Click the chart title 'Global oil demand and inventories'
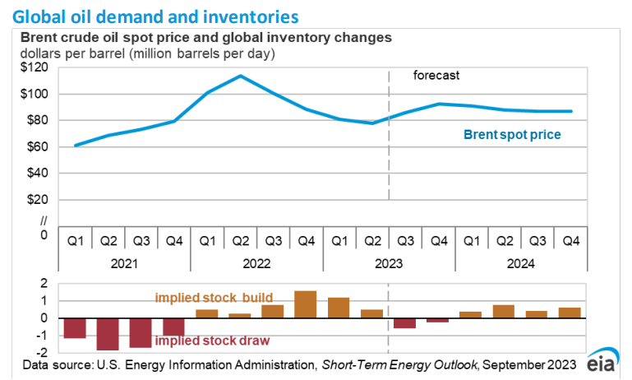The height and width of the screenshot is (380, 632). [x=155, y=15]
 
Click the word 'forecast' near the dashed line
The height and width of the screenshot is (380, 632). [x=436, y=76]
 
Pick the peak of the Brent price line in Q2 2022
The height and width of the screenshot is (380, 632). [x=240, y=76]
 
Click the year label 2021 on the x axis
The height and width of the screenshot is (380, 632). [x=124, y=264]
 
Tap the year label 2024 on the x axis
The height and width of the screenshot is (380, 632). [x=520, y=264]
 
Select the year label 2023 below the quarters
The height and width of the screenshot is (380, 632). [x=388, y=264]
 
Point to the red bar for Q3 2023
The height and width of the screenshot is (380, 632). [x=404, y=323]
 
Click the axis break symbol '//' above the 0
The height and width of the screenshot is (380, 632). [x=44, y=220]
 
